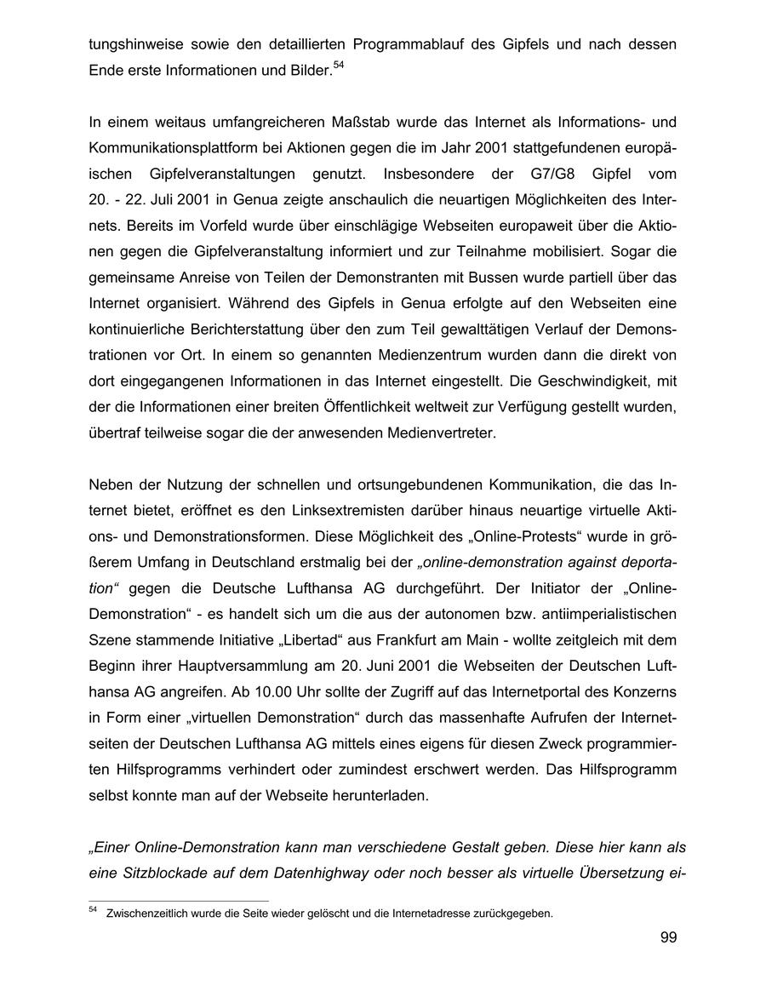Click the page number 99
click(667, 938)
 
